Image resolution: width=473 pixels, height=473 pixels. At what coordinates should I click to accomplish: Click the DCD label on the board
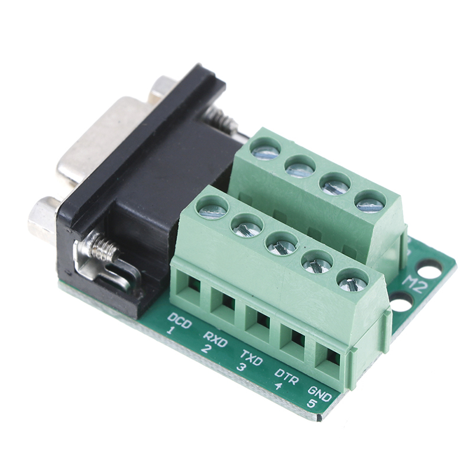[x=179, y=320]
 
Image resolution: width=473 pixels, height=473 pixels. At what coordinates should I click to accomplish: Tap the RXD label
[x=215, y=339]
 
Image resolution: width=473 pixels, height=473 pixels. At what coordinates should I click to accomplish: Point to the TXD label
[x=251, y=358]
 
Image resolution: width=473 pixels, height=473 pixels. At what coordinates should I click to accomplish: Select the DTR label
[x=287, y=376]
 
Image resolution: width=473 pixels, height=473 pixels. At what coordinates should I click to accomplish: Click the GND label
[x=320, y=394]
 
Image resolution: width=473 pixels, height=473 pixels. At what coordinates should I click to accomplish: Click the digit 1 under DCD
[x=170, y=331]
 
